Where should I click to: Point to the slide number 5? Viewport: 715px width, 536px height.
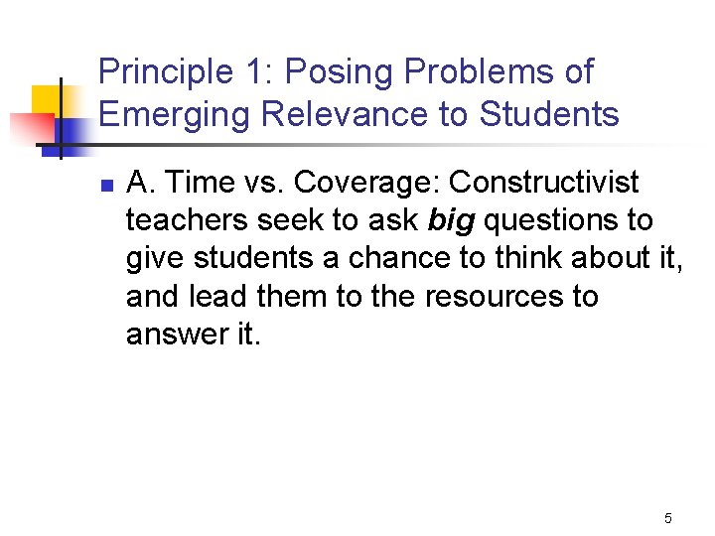pyautogui.click(x=667, y=518)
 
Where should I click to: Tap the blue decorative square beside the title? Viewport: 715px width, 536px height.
pyautogui.click(x=71, y=131)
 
